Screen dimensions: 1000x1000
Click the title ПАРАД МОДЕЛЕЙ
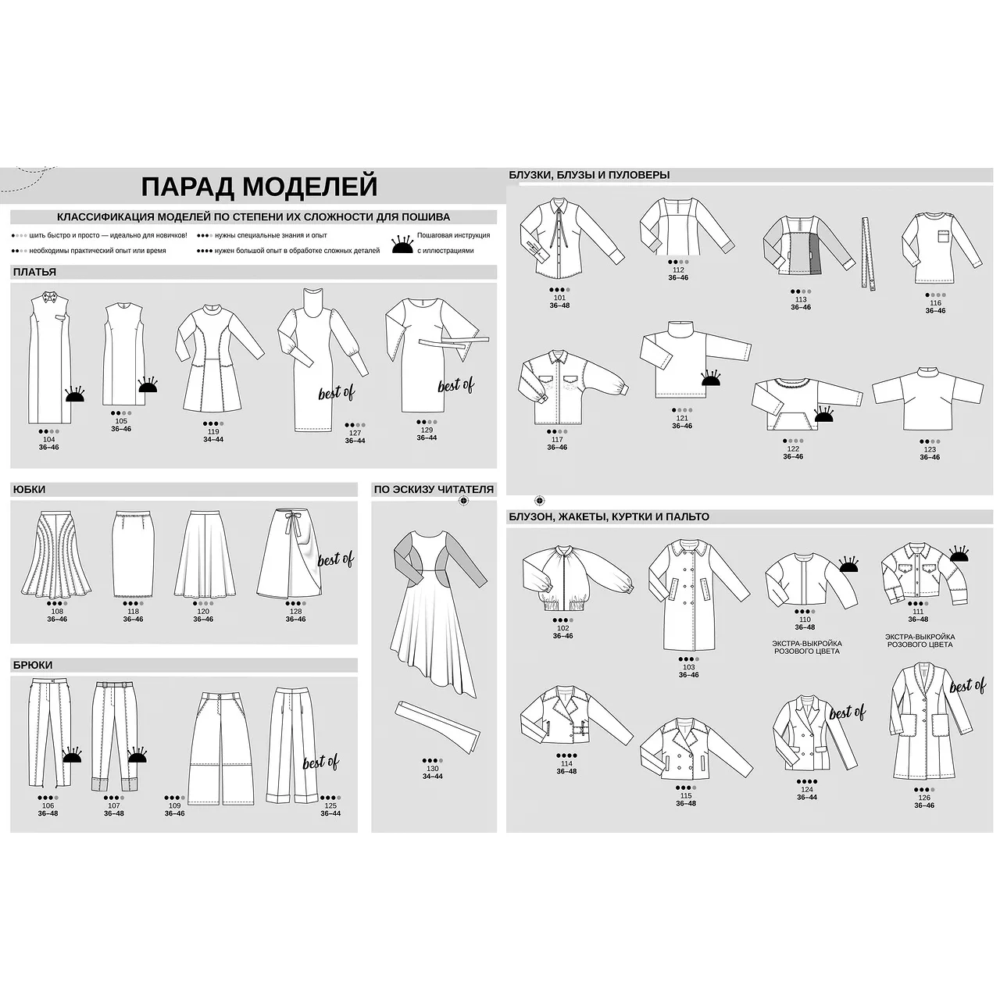(x=259, y=186)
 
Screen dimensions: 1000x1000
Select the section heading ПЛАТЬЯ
(x=35, y=272)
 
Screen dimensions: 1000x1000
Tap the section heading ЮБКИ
(x=30, y=489)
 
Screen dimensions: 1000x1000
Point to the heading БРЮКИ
(x=33, y=665)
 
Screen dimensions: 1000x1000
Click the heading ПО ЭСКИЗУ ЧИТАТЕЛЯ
(x=434, y=489)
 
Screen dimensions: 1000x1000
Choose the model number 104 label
(x=48, y=439)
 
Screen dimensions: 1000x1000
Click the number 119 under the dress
(x=213, y=431)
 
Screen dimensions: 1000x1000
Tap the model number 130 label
(x=432, y=769)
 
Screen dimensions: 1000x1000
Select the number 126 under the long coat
(x=924, y=798)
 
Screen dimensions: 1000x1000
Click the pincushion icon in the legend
(x=402, y=245)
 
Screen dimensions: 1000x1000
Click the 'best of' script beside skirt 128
(x=335, y=559)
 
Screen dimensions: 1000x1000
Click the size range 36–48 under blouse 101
(x=559, y=305)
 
